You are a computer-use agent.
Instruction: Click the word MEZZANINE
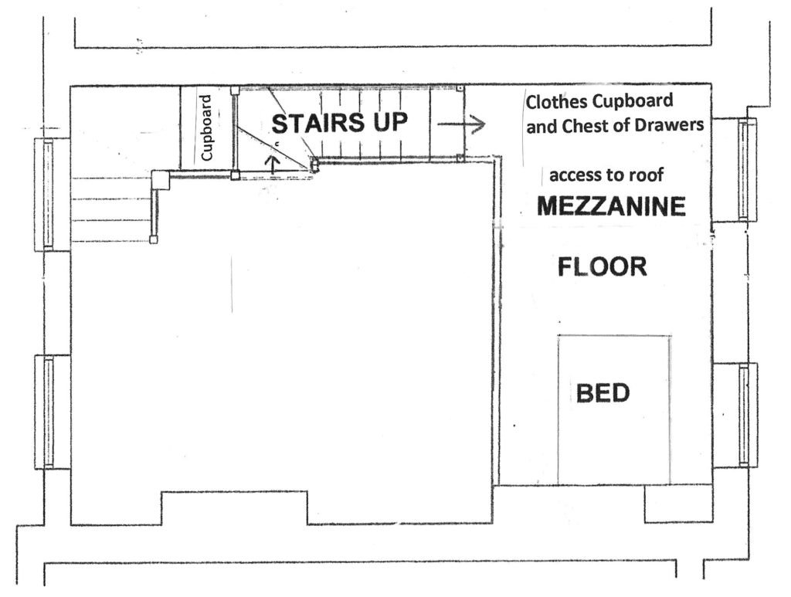click(611, 205)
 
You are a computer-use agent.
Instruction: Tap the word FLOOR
click(603, 266)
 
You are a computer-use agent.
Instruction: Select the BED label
click(603, 393)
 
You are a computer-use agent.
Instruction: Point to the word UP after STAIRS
click(390, 123)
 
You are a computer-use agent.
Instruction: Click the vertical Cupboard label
click(206, 128)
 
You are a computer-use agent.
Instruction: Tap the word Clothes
click(557, 102)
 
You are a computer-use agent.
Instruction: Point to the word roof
click(647, 175)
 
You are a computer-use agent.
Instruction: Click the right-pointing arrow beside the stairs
click(461, 124)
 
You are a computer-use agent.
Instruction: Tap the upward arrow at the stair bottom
click(273, 165)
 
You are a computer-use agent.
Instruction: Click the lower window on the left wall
click(49, 412)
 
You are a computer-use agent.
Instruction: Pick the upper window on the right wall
click(745, 169)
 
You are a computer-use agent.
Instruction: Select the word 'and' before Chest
click(541, 127)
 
